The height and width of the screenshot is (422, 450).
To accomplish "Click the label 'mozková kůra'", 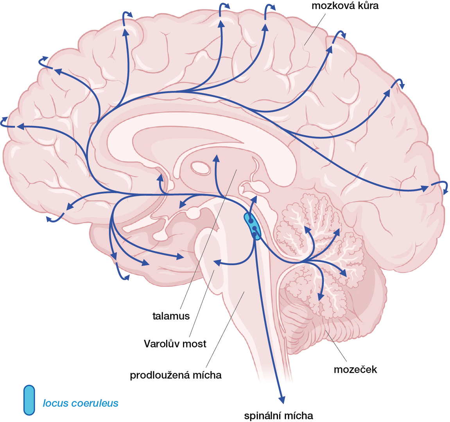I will [x=345, y=6].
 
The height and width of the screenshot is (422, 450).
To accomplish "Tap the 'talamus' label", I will [x=171, y=316].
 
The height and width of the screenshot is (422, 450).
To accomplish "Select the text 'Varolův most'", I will [x=175, y=344].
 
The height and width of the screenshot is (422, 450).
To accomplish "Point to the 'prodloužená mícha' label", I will [x=176, y=375].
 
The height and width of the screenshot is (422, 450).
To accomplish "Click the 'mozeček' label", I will [x=355, y=369].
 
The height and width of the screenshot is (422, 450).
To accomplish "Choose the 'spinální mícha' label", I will [x=278, y=416].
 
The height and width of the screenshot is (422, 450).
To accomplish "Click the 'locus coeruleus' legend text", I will [x=80, y=403].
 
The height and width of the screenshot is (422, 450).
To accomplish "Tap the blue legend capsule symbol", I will [x=29, y=400].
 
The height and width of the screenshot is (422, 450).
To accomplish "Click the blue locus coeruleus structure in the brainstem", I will [x=252, y=226].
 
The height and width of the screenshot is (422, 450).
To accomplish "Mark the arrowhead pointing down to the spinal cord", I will [x=281, y=399].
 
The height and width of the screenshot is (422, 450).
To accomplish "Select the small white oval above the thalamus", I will [x=201, y=168].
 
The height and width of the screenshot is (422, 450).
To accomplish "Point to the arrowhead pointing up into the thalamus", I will [x=215, y=158].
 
